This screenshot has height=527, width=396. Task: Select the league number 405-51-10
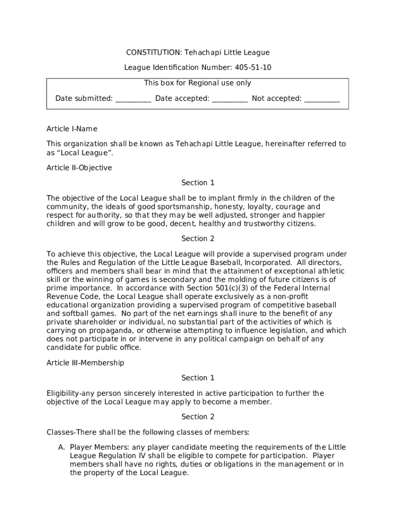click(x=254, y=67)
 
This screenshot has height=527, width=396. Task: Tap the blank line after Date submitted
click(x=133, y=99)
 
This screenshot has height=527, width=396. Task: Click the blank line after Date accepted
click(x=230, y=99)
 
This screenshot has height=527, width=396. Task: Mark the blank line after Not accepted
click(x=322, y=99)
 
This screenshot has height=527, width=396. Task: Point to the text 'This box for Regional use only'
click(x=197, y=83)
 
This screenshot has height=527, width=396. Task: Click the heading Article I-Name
click(x=72, y=129)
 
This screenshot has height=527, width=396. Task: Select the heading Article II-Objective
click(x=79, y=168)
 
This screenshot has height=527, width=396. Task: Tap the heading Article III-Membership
click(x=85, y=363)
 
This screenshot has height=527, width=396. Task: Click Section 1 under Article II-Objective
click(x=198, y=183)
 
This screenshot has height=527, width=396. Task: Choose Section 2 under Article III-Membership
click(x=198, y=417)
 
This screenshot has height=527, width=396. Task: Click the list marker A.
click(x=61, y=448)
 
